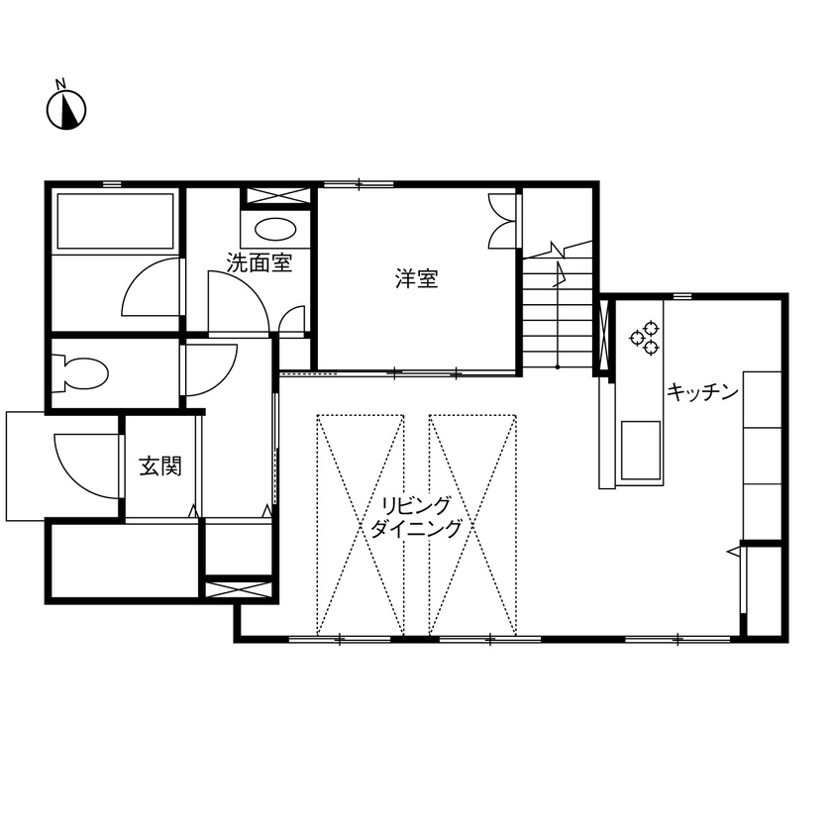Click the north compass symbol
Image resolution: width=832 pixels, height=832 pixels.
(x=67, y=108)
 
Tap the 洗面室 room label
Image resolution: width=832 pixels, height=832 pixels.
(x=259, y=263)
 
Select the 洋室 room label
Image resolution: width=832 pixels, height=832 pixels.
(x=416, y=279)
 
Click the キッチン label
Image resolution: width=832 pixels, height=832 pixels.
(x=702, y=391)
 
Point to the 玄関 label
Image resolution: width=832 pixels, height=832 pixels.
(x=159, y=466)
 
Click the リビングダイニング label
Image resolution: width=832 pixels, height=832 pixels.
(x=416, y=517)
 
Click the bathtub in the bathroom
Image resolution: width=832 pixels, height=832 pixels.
(x=116, y=221)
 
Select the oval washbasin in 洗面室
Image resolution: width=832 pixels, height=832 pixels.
(x=274, y=230)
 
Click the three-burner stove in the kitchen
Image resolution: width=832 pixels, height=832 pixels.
(x=645, y=337)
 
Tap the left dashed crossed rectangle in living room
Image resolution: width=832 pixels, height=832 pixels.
(x=361, y=525)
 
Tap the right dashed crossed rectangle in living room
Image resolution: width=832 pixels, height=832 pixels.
(x=473, y=525)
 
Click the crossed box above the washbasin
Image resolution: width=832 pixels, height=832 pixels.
(x=276, y=196)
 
